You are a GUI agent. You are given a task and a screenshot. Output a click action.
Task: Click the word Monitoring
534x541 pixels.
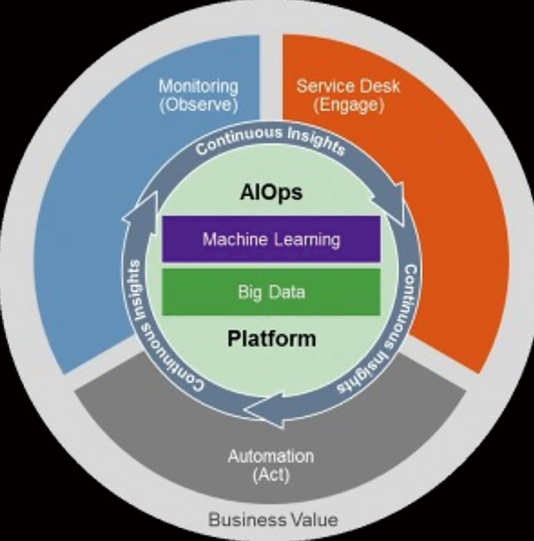(x=199, y=86)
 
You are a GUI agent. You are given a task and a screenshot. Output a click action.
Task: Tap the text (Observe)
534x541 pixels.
(x=199, y=105)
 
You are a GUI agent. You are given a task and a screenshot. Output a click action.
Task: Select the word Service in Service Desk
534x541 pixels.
(x=323, y=86)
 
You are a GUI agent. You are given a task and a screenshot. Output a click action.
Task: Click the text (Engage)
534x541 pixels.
(x=349, y=105)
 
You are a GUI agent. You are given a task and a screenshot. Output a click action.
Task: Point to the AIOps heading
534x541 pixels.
(x=271, y=192)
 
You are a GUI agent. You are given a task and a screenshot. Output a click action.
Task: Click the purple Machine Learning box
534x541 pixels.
(x=271, y=239)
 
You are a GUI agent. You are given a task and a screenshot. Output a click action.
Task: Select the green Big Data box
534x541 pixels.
(x=271, y=292)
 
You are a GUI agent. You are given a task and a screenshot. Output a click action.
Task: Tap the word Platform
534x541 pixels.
(x=271, y=338)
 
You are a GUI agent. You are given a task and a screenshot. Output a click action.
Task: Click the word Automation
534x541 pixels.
(x=271, y=456)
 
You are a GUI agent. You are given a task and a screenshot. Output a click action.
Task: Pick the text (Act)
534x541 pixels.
(x=271, y=475)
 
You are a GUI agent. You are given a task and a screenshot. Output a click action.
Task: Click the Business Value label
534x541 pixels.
(x=273, y=520)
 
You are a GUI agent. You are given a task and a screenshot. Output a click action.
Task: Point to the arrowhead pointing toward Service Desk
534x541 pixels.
(x=391, y=207)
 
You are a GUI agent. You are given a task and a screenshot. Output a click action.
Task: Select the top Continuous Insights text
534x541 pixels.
(x=271, y=141)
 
